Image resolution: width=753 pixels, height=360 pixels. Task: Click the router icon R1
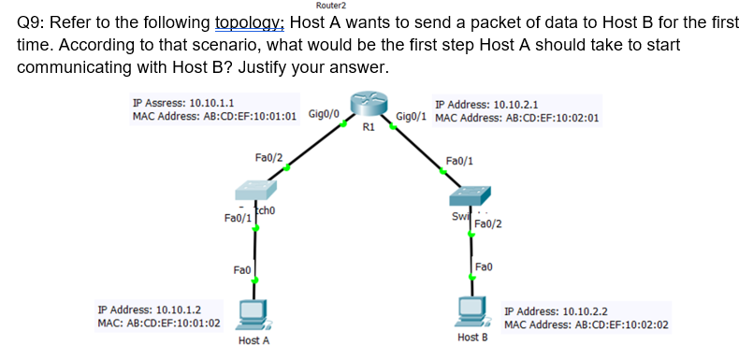click(368, 106)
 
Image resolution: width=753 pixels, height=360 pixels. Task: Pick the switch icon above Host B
click(470, 195)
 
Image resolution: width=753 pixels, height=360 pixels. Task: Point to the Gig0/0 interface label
click(323, 114)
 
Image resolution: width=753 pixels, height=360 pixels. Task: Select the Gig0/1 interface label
click(412, 117)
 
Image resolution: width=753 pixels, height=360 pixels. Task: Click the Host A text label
click(253, 340)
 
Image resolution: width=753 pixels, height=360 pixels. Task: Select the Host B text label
click(472, 337)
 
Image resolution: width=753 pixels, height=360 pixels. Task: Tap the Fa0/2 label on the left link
click(268, 158)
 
